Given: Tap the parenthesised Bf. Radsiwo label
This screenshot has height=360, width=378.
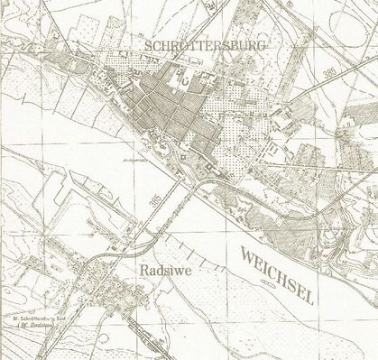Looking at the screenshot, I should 41,328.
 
